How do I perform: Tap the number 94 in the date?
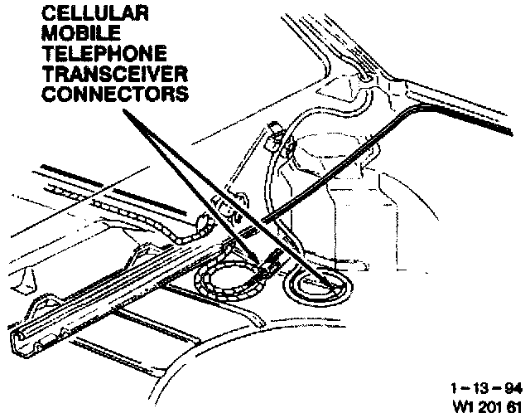click(x=513, y=387)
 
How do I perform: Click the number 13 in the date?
click(x=483, y=387)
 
